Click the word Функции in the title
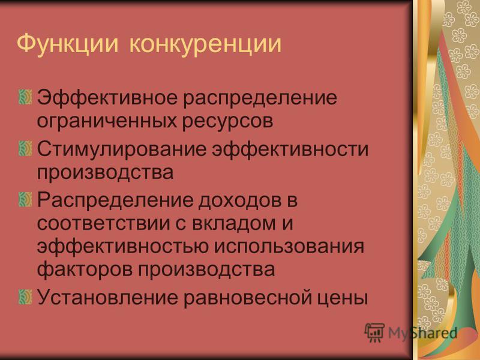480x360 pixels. point(67,44)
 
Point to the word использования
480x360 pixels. point(291,247)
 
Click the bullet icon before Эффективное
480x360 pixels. point(25,97)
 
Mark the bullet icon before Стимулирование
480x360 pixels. point(25,148)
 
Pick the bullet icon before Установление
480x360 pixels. point(25,296)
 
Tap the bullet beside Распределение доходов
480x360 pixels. point(25,199)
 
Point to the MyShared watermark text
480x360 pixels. point(423,333)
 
